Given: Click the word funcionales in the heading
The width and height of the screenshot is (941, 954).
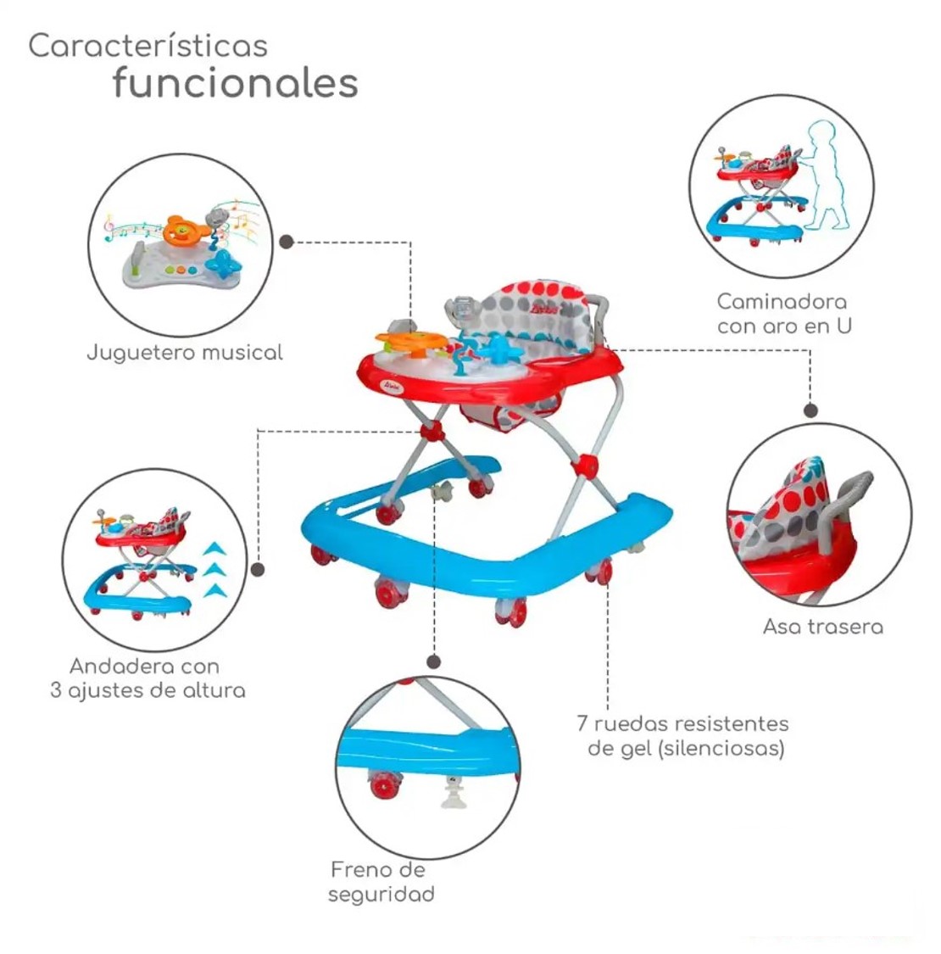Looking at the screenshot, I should tap(235, 83).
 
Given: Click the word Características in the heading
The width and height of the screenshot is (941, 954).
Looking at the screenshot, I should tap(148, 46).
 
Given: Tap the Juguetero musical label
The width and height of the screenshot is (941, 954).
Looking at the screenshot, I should tap(184, 352).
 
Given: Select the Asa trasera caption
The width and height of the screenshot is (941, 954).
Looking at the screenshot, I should tap(822, 627).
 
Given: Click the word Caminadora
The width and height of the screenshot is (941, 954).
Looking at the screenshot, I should tap(781, 302).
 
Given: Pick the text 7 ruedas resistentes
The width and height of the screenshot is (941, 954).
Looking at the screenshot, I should tap(682, 724).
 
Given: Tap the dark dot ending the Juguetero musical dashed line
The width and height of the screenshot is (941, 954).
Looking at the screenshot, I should tap(287, 242).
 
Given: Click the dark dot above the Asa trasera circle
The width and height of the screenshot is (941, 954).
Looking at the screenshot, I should tap(810, 410).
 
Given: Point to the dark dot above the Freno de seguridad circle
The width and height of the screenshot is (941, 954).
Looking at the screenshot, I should tap(433, 661).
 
